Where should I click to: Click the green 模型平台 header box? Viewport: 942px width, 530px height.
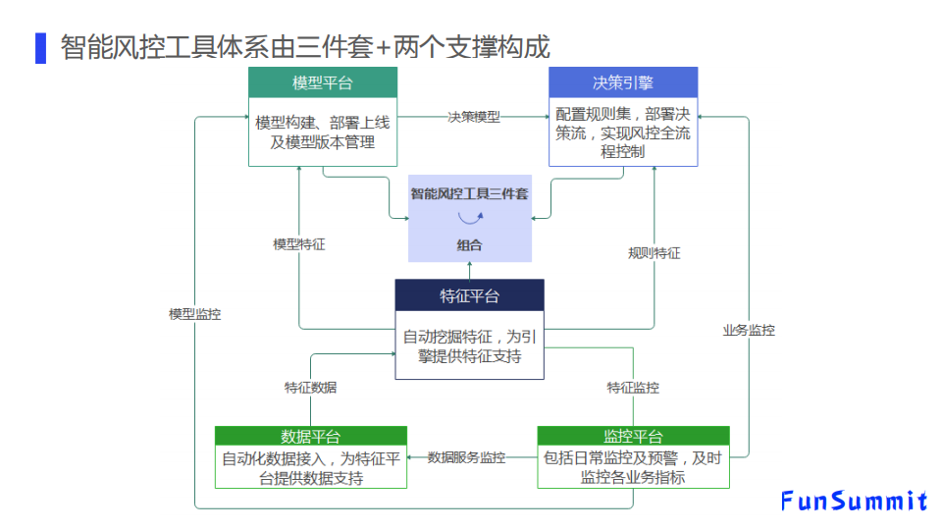tap(322, 82)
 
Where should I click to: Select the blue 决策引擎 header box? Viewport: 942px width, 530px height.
tap(622, 82)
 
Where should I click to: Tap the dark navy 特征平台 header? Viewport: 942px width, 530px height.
tap(469, 296)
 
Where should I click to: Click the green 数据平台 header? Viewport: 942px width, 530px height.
tap(310, 436)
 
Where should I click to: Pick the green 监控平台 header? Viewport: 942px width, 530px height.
tap(633, 436)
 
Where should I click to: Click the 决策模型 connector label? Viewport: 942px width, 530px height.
tap(474, 117)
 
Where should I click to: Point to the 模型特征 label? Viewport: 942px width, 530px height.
tap(298, 244)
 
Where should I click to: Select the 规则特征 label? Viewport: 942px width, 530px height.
tap(654, 253)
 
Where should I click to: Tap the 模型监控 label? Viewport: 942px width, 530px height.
tap(194, 314)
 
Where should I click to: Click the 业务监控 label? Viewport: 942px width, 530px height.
tap(749, 331)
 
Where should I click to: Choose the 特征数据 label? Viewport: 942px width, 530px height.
tap(310, 388)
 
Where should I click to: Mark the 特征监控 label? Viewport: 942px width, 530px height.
tap(633, 388)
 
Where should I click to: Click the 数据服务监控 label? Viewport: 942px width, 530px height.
tap(466, 457)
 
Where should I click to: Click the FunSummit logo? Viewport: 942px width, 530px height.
tap(854, 502)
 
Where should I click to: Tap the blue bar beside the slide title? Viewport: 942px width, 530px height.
tap(40, 47)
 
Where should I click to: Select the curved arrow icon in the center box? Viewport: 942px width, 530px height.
tap(469, 220)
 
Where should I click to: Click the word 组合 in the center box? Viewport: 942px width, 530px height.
tap(469, 245)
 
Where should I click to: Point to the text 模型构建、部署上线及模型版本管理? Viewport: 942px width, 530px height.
tap(322, 132)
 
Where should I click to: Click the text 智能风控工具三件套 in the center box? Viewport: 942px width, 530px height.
tap(469, 194)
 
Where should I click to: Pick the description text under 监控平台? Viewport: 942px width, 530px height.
tap(633, 467)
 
